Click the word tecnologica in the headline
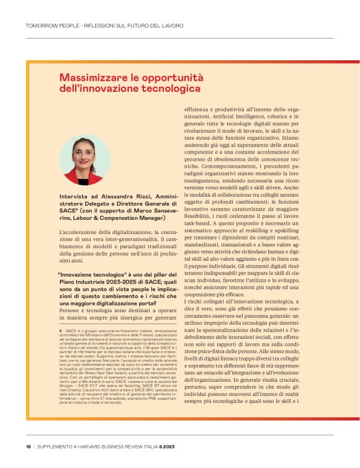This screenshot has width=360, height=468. (173, 89)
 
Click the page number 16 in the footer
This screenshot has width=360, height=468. (29, 446)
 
